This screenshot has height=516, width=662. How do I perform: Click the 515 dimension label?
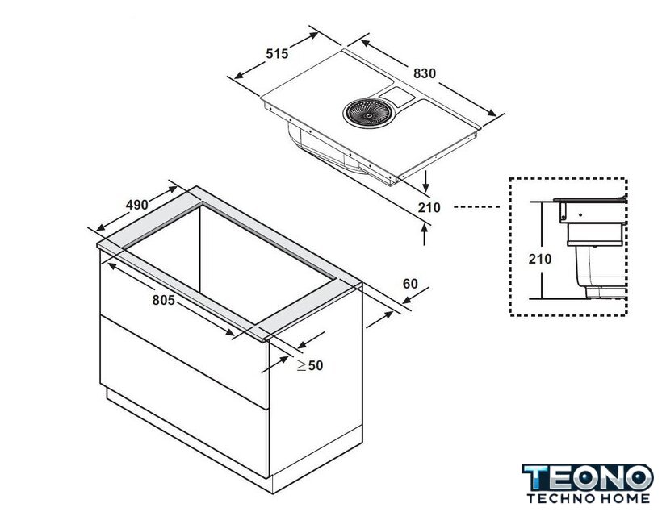[277, 54]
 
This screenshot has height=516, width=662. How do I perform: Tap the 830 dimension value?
[425, 74]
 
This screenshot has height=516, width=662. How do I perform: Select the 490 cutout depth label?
[137, 205]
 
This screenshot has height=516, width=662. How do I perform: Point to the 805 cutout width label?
[163, 300]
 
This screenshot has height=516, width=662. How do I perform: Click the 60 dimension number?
[410, 284]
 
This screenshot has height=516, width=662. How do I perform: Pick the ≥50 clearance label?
[310, 365]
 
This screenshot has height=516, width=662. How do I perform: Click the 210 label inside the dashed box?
[540, 259]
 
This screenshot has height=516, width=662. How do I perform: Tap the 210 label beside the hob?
[429, 208]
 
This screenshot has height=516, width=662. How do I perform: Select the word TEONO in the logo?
[588, 477]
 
